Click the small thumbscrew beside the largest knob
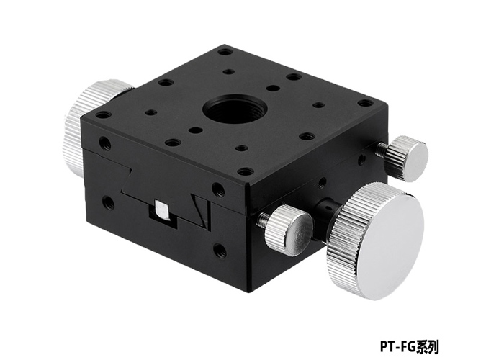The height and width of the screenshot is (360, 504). (x=288, y=228)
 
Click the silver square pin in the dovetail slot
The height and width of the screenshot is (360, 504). (x=162, y=210)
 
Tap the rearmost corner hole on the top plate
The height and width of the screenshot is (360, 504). (x=225, y=52)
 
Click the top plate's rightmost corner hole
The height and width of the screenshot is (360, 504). (x=366, y=104)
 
